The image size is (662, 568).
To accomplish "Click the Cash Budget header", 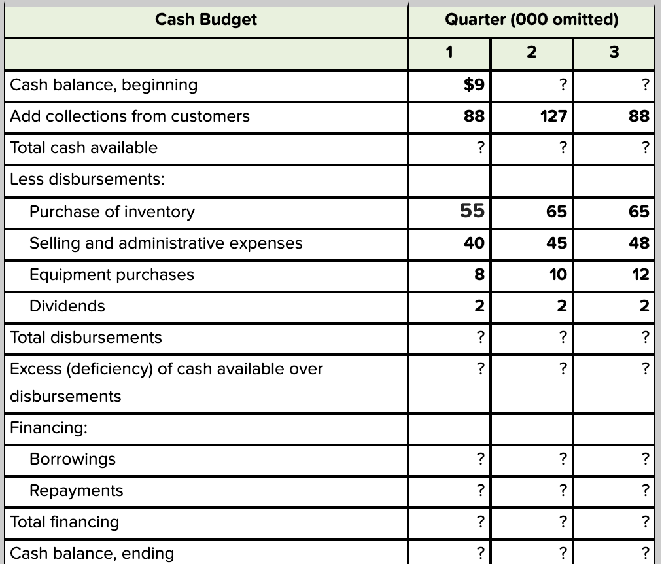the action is pos(206,20).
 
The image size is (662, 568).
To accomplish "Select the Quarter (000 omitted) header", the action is pos(531,20).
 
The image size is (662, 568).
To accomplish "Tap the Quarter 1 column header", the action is pos(449,52).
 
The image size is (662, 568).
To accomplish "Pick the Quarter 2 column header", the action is pos(531,52).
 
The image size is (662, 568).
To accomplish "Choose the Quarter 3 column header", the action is pos(613,52).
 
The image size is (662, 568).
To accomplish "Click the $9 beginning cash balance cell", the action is pos(473,84).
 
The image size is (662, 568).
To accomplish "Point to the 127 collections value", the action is pos(555,116).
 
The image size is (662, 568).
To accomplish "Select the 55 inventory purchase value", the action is pos(472,211).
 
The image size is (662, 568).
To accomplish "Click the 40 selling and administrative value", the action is pos(474,243).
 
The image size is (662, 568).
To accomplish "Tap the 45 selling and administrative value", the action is pos(557,243).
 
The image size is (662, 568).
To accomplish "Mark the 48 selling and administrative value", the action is pos(639,243).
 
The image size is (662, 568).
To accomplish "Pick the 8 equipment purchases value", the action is pos(479,274).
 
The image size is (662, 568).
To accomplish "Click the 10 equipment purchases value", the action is pos(557,274).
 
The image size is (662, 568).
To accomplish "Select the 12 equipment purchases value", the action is pos(640,274).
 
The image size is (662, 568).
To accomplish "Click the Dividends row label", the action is pos(67,306).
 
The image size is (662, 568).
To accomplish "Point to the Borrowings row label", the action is pos(72,459).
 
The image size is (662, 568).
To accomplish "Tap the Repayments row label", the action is pos(76,490).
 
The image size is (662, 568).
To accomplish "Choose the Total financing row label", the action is pos(65,522).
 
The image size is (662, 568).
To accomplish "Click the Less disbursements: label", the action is pos(87,179).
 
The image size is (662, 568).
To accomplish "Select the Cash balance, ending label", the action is pos(92,553).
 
